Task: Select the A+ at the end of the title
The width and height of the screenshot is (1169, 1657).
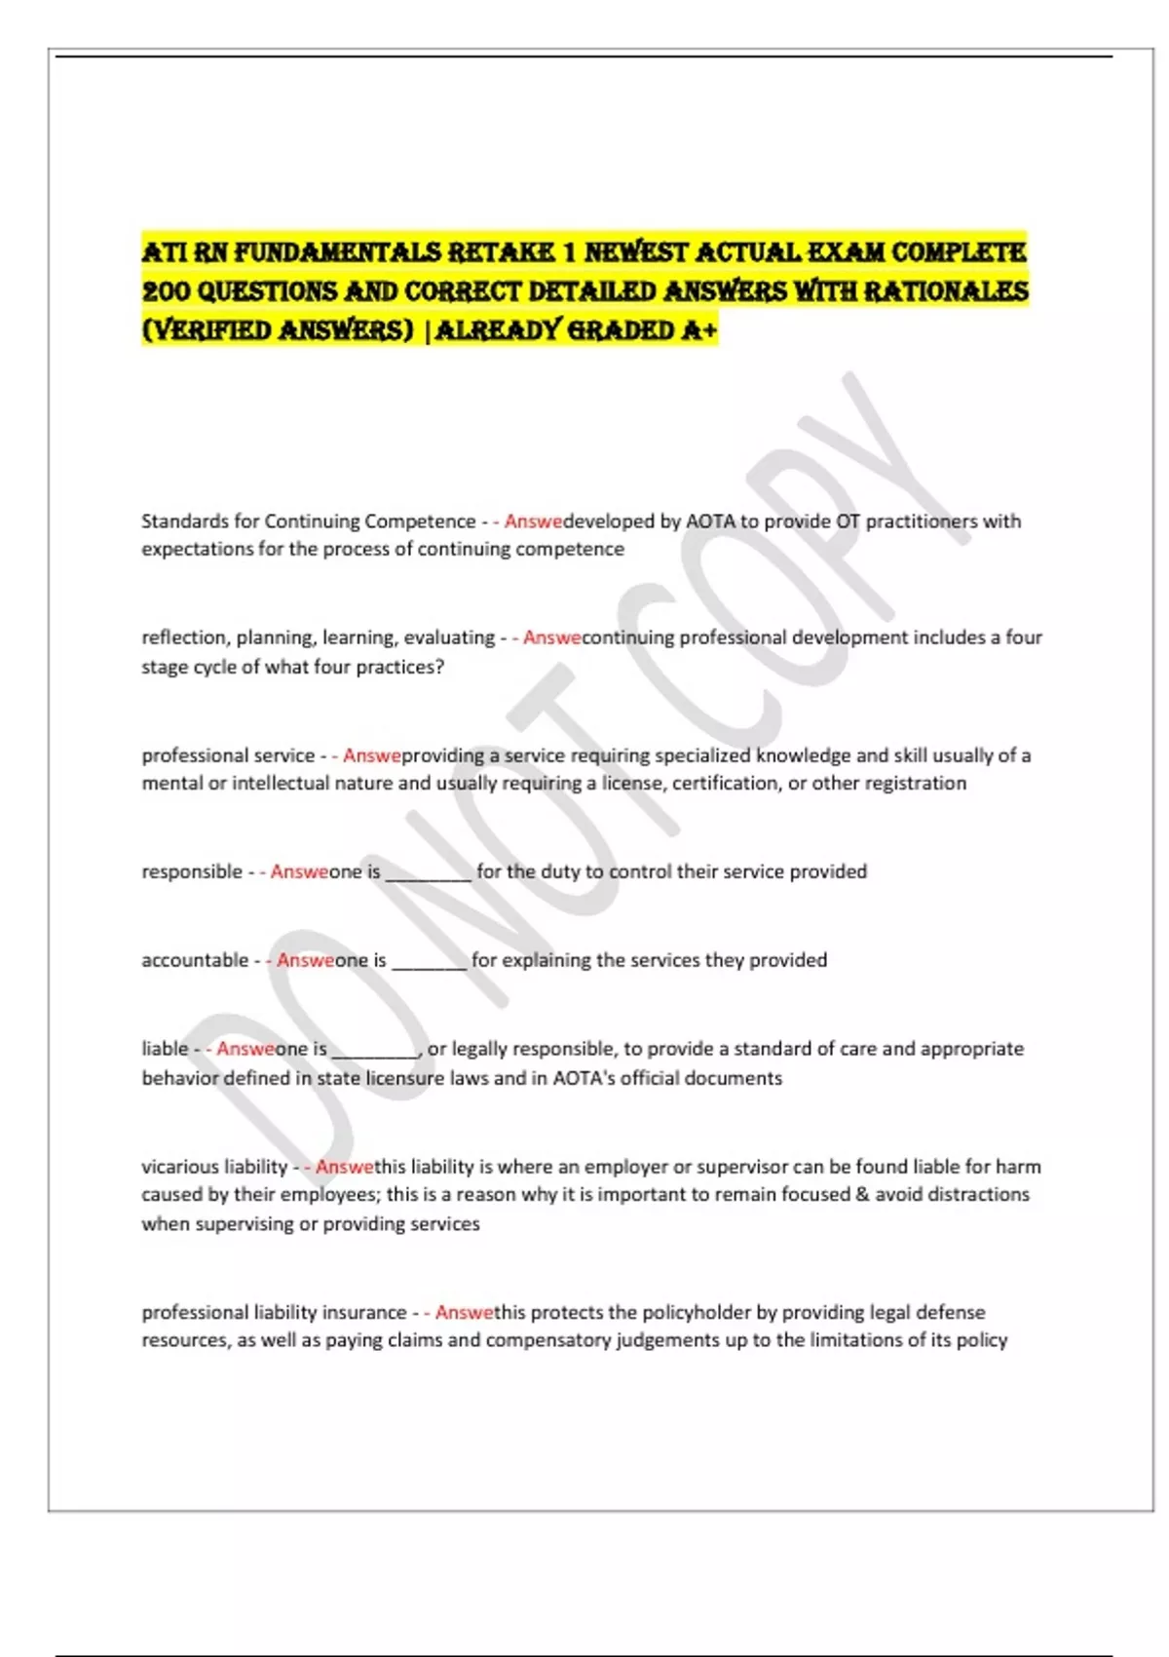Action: pos(699,330)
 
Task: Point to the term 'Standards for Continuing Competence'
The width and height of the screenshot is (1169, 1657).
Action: pos(308,521)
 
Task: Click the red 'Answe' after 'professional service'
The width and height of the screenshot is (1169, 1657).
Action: pos(371,755)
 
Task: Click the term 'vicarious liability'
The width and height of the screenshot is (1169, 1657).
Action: pos(214,1167)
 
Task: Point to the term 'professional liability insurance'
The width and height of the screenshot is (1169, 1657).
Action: pos(274,1313)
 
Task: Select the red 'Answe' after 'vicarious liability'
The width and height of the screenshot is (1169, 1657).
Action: pos(344,1167)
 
